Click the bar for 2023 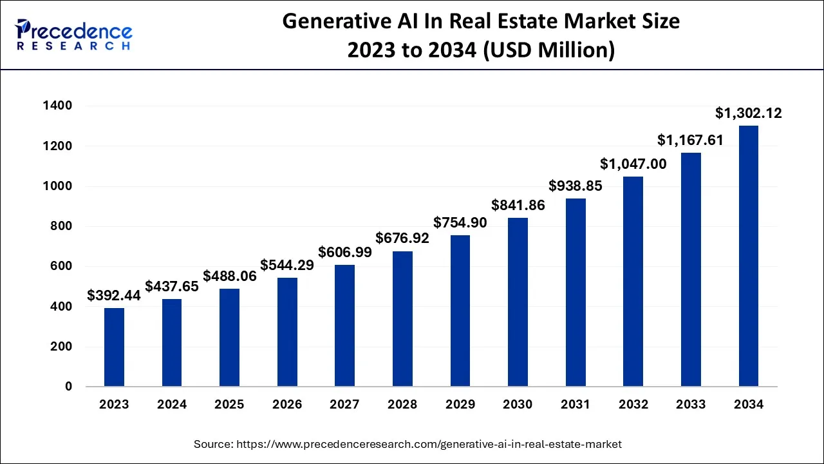114,347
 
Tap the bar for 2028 402,319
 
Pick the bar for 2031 576,293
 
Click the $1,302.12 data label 749,113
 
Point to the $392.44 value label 114,296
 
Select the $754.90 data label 460,223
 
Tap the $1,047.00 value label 633,164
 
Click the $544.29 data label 287,265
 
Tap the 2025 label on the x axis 229,405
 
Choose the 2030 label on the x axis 518,405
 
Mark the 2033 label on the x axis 691,405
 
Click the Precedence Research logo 74,35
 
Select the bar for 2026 287,332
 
